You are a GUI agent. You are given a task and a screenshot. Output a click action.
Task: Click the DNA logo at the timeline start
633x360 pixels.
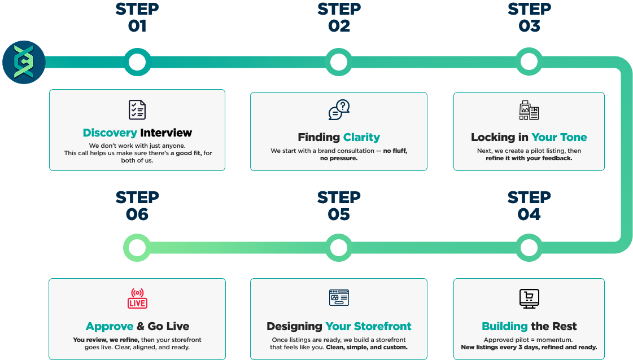click(24, 62)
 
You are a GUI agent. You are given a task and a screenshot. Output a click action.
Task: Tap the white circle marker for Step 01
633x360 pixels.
click(137, 62)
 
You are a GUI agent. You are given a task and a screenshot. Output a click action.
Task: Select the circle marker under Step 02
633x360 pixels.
click(338, 62)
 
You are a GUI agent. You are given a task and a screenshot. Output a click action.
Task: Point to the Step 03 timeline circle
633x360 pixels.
click(529, 62)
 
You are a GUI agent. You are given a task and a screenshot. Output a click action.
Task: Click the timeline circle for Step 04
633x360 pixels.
click(529, 248)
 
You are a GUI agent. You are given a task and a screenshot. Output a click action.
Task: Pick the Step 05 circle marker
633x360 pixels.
click(338, 248)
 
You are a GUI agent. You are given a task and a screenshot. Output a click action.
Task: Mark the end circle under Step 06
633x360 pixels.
click(137, 248)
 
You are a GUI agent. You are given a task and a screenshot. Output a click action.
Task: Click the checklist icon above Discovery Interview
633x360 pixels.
click(137, 109)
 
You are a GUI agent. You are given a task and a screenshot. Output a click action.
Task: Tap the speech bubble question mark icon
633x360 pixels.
click(339, 110)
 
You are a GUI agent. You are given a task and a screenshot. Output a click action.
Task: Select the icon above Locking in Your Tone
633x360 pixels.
click(529, 110)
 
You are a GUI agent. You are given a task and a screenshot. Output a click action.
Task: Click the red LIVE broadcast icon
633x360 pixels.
click(137, 298)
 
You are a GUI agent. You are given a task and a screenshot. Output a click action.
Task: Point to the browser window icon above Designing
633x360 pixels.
click(339, 297)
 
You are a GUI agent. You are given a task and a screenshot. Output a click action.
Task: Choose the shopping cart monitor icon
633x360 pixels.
click(529, 298)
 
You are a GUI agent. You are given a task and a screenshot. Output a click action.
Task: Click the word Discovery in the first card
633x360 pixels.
click(110, 133)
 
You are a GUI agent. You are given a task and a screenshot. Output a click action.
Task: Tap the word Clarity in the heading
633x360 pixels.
click(361, 137)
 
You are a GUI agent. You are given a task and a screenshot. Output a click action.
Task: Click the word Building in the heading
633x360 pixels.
click(504, 326)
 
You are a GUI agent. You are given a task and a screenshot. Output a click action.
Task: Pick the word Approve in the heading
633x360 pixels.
click(110, 326)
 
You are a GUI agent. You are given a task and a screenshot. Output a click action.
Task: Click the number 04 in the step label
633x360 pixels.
click(529, 214)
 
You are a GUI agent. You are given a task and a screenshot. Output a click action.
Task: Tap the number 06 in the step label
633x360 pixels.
click(137, 214)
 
